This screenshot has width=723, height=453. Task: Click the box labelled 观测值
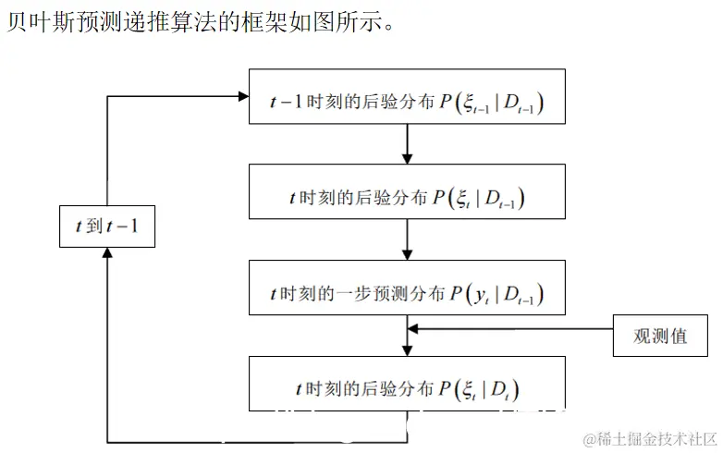pos(660,335)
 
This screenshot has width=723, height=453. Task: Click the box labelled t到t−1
pos(106,225)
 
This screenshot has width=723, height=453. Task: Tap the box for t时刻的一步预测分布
pos(407,294)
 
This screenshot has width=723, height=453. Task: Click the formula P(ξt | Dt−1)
pos(486,199)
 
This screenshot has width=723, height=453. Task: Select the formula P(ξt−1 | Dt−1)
pos(494,104)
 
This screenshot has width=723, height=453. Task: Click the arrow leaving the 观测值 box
pos(513,328)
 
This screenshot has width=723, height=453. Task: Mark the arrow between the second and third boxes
pos(407,244)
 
